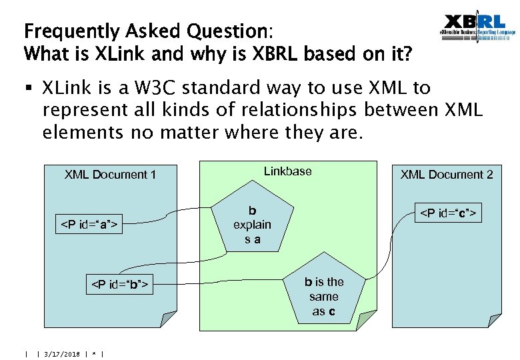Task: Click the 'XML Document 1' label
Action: pyautogui.click(x=110, y=175)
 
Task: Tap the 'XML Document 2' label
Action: pyautogui.click(x=447, y=175)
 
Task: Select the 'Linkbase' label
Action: pyautogui.click(x=287, y=171)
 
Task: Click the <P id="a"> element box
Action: pyautogui.click(x=90, y=225)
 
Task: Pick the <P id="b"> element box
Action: pyautogui.click(x=119, y=286)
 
